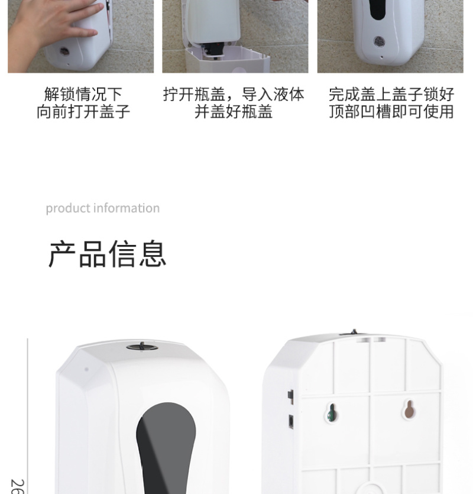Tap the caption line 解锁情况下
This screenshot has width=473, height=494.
pos(83,94)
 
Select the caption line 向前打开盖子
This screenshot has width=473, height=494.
pos(83,112)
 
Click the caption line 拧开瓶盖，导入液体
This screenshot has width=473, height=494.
pos(234,94)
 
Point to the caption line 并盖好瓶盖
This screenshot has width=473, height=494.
pos(234,112)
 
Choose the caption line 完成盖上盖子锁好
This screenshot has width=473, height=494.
pos(391,94)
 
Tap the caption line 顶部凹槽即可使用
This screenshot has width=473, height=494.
pos(391,112)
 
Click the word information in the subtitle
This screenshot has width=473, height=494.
pos(127,208)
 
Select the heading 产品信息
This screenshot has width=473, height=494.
pos(108,254)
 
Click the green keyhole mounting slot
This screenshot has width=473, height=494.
pos(331,412)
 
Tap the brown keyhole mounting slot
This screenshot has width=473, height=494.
pos(409,409)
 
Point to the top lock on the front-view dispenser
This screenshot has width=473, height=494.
pos(142,347)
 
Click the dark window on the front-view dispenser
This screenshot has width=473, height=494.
pos(166,447)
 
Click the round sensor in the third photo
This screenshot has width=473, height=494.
pos(379,41)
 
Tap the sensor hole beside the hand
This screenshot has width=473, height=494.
pos(64,51)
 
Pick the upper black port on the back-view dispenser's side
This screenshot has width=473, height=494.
pos(291,397)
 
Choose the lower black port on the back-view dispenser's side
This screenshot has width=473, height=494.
pos(291,422)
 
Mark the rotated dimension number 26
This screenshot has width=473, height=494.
pos(17,486)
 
